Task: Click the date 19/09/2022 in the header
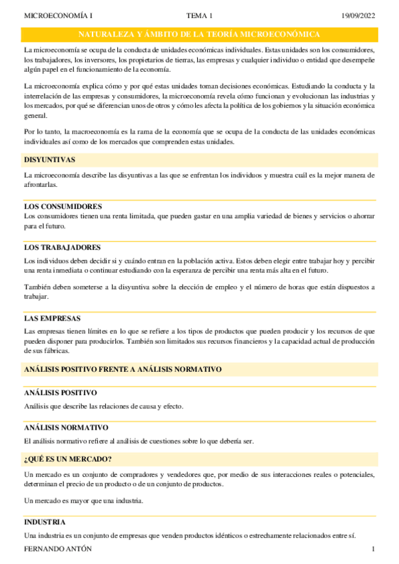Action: [359, 15]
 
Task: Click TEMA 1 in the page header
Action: [200, 15]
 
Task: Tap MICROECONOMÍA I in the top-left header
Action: [59, 15]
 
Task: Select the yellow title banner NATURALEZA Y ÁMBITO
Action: [200, 35]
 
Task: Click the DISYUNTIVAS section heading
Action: [49, 160]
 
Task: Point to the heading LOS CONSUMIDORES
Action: [63, 207]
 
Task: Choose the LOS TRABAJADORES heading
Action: [62, 247]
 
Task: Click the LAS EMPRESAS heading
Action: [52, 319]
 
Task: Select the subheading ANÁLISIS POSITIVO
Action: [61, 393]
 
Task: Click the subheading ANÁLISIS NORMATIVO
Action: [66, 428]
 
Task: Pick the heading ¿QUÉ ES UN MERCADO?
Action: [67, 460]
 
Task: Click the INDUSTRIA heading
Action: [45, 523]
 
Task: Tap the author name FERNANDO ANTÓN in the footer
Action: [58, 549]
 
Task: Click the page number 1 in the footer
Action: [374, 549]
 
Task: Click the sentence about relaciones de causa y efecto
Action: [103, 406]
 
